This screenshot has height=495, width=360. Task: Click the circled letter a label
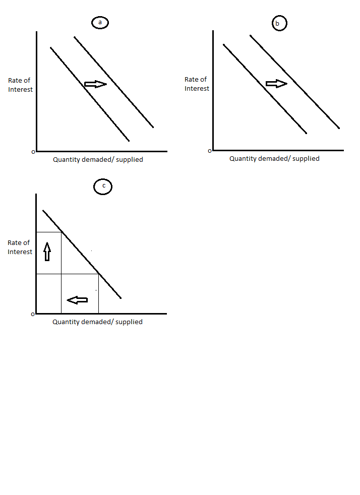(100, 23)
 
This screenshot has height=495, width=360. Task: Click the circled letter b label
(279, 23)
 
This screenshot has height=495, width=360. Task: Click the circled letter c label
(103, 187)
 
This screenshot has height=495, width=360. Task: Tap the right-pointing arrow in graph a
(96, 84)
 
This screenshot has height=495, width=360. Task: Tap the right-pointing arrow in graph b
(276, 84)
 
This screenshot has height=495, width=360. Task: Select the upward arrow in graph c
(47, 251)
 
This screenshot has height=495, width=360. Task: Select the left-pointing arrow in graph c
(77, 300)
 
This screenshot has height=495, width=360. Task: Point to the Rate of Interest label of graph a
(20, 85)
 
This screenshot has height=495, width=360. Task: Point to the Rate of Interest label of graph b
(197, 84)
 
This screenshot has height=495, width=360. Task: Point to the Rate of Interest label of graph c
(20, 247)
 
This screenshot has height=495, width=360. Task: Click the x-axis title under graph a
(98, 160)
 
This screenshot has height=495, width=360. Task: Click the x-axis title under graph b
(274, 158)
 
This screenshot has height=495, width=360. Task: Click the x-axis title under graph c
(97, 322)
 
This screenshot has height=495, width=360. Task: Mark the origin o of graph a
(33, 151)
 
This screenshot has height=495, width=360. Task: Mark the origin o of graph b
(210, 150)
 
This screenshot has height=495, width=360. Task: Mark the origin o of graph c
(33, 314)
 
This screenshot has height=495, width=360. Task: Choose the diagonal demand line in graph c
(82, 254)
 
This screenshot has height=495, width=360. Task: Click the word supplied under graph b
(306, 158)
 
